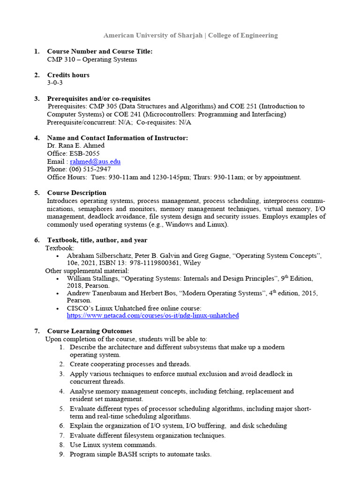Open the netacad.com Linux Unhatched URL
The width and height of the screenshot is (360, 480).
pyautogui.click(x=153, y=315)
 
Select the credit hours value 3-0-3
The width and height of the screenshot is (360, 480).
pyautogui.click(x=55, y=83)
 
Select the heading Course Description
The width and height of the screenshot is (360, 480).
pyautogui.click(x=76, y=193)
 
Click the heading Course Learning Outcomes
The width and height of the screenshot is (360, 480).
pyautogui.click(x=90, y=331)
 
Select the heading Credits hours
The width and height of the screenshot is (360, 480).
pyautogui.click(x=68, y=75)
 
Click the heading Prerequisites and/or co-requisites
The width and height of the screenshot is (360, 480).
pyautogui.click(x=98, y=98)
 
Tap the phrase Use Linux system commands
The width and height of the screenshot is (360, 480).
pyautogui.click(x=113, y=444)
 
